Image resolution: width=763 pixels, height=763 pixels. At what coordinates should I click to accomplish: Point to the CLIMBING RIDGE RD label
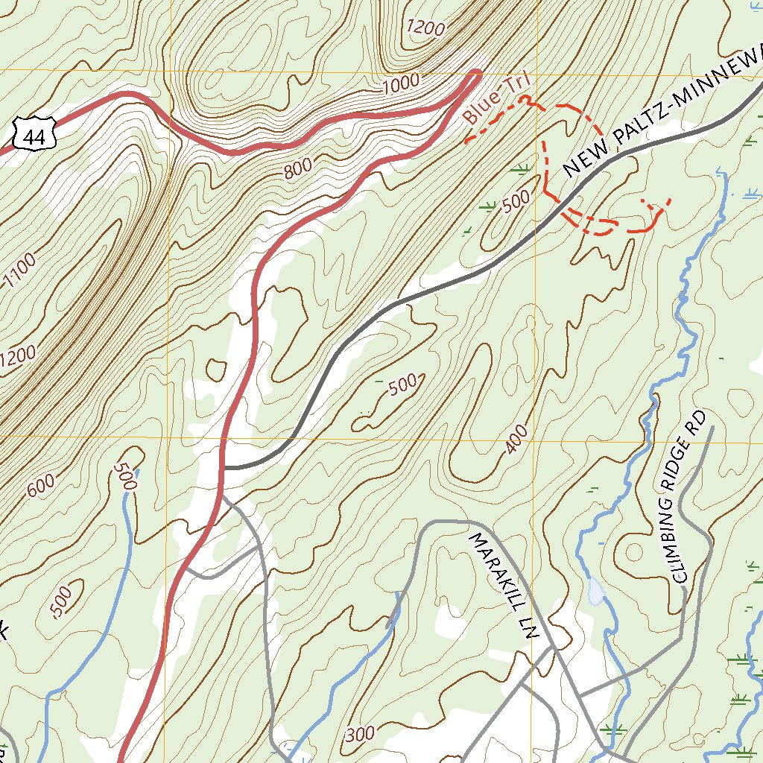tap(687, 496)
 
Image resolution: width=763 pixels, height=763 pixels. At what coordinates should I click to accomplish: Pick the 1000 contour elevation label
tap(401, 85)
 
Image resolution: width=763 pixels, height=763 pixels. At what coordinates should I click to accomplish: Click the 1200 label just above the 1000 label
tap(426, 28)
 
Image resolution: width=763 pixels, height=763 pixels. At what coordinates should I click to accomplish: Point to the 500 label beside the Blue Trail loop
tap(516, 202)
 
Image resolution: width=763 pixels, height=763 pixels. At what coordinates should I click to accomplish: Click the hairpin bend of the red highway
tap(475, 75)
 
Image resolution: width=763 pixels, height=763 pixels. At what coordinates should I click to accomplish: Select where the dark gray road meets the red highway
tap(225, 468)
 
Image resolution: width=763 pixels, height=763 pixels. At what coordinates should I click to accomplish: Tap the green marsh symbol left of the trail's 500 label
tap(488, 205)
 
